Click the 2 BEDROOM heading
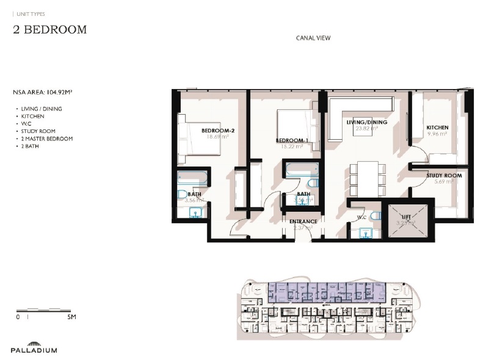pyautogui.click(x=50, y=29)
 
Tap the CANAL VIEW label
pyautogui.click(x=313, y=38)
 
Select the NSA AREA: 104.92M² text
pyautogui.click(x=47, y=93)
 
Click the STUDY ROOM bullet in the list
pyautogui.click(x=38, y=131)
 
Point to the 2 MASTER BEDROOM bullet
pyautogui.click(x=46, y=139)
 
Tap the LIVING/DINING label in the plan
pyautogui.click(x=366, y=123)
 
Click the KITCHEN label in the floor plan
pyautogui.click(x=438, y=128)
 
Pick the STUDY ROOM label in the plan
pyautogui.click(x=444, y=176)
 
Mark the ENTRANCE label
pyautogui.click(x=303, y=221)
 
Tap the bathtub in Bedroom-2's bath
pyautogui.click(x=193, y=178)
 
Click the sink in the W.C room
pyautogui.click(x=365, y=232)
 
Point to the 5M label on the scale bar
pyautogui.click(x=71, y=317)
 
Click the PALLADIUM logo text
pyautogui.click(x=34, y=350)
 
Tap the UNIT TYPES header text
pyautogui.click(x=32, y=13)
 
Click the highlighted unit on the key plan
pyautogui.click(x=327, y=292)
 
